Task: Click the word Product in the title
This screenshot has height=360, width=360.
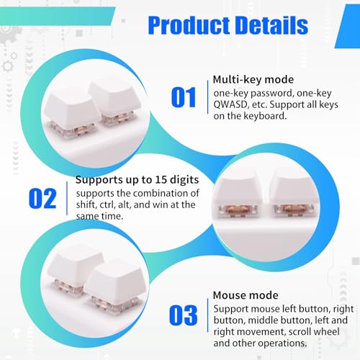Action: (189, 25)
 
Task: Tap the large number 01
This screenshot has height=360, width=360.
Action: (184, 97)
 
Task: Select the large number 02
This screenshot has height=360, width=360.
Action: (42, 199)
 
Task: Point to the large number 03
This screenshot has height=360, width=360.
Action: (183, 315)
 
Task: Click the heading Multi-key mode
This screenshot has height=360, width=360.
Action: (253, 80)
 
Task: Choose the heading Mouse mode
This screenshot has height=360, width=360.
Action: (246, 295)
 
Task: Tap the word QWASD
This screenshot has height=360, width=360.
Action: (230, 105)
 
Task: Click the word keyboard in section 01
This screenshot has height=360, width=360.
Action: (265, 116)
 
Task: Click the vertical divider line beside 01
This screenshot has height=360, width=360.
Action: (207, 97)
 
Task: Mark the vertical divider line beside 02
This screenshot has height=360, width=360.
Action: (67, 198)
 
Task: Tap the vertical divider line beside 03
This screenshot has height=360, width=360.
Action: (207, 315)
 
